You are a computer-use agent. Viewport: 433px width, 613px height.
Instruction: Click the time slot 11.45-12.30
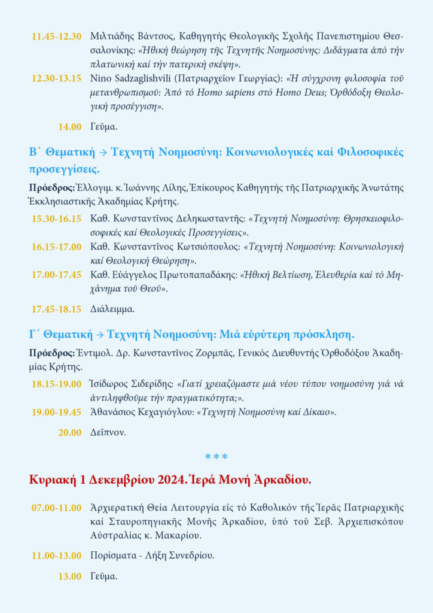(x=56, y=36)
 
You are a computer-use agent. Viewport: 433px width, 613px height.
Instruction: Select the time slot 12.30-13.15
(x=56, y=78)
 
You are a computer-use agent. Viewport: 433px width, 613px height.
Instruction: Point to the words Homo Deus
(x=312, y=93)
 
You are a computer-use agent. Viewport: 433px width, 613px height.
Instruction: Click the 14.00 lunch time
(x=69, y=126)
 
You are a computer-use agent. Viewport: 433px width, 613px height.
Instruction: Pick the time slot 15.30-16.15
(x=56, y=219)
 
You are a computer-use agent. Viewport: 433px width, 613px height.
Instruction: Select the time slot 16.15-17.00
(x=56, y=247)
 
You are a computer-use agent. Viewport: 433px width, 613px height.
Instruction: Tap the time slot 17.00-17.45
(x=56, y=275)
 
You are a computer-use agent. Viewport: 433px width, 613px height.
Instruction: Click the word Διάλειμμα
(x=112, y=309)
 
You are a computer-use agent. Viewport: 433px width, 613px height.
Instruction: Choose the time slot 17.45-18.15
(x=56, y=309)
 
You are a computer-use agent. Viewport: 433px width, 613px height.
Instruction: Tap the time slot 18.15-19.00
(x=56, y=384)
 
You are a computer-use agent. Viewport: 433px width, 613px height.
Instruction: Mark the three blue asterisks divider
(x=216, y=457)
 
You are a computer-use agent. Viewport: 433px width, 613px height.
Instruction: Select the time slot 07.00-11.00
(x=56, y=508)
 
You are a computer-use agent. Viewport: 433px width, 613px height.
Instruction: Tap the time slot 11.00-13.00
(x=56, y=556)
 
